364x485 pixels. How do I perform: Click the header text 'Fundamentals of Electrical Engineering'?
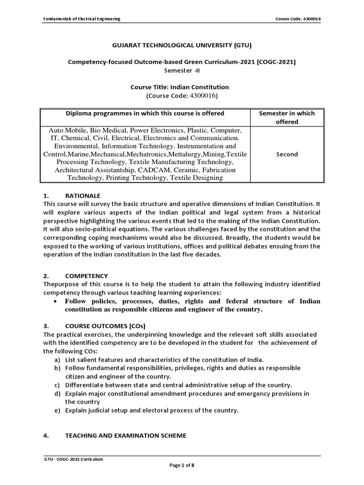click(x=82, y=18)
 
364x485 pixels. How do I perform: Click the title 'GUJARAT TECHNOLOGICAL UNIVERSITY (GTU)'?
click(x=182, y=45)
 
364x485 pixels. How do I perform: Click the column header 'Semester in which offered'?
click(x=287, y=117)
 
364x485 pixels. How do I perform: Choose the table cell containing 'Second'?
click(x=287, y=154)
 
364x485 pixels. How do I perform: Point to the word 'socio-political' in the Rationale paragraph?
click(x=89, y=229)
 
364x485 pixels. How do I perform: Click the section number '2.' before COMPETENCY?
click(x=46, y=276)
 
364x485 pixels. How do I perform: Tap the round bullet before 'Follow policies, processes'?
click(x=56, y=302)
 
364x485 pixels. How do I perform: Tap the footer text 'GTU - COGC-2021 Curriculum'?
click(x=73, y=459)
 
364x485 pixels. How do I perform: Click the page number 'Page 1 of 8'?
click(x=182, y=466)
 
